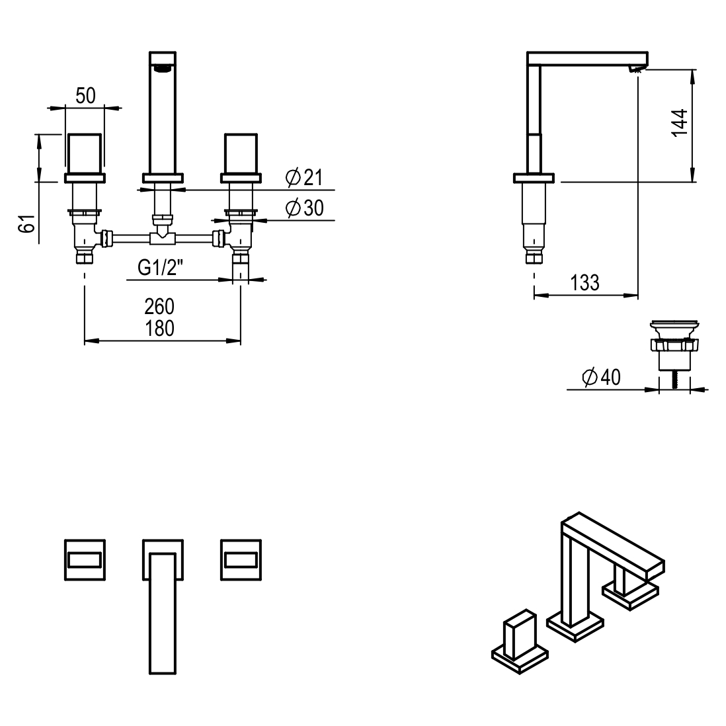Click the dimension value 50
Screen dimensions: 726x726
85,95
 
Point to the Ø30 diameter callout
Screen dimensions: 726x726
304,208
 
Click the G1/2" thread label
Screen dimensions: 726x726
160,268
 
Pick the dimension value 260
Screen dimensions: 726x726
159,307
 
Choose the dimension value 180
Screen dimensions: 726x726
159,328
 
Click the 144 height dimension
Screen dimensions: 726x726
679,123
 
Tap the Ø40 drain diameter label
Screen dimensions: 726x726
601,378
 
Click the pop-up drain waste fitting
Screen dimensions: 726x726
674,344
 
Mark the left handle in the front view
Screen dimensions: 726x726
85,152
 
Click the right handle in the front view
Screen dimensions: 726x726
242,152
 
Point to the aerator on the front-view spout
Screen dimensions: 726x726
162,67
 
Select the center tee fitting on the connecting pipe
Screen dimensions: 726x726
162,237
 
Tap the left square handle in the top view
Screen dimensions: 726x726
85,559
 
